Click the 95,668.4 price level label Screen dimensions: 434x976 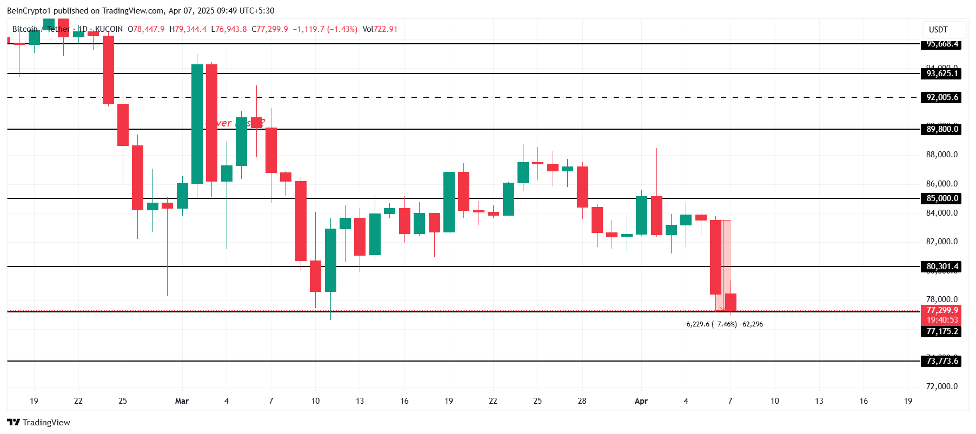tap(941, 44)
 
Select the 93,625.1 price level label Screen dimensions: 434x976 tap(941, 74)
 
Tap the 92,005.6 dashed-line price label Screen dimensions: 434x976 tap(941, 97)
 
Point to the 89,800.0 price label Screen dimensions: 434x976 tap(941, 129)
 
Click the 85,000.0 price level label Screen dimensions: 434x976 tap(941, 198)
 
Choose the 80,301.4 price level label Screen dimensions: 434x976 tap(941, 266)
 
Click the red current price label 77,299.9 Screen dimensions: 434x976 tap(941, 310)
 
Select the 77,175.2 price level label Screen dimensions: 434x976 tap(941, 331)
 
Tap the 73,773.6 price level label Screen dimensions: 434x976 tap(941, 361)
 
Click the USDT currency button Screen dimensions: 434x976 tap(938, 30)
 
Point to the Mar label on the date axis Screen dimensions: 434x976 tap(182, 401)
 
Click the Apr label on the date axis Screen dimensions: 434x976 tap(641, 401)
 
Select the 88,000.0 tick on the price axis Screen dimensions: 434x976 tap(941, 155)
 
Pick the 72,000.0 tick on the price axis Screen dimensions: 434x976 tap(941, 386)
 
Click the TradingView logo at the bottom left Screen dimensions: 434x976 tap(38, 422)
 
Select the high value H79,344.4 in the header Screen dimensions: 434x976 tap(188, 29)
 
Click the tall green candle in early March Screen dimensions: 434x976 tap(197, 124)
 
